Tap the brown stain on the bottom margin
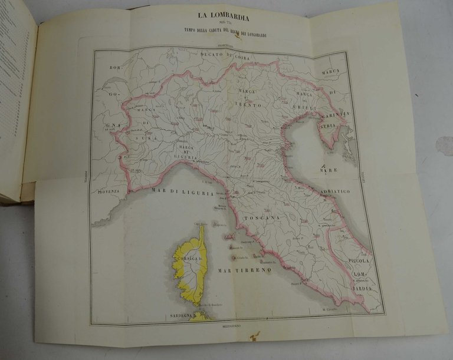click(x=254, y=336)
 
